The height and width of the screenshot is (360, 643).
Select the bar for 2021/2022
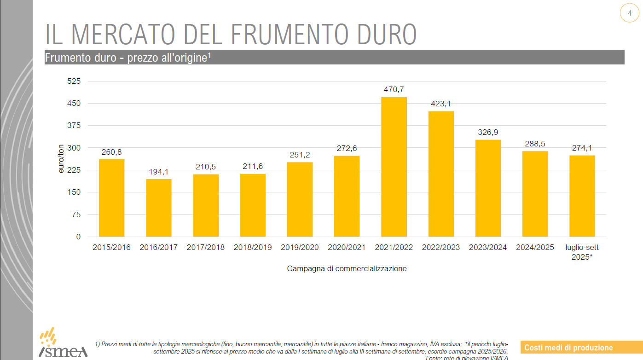(x=394, y=167)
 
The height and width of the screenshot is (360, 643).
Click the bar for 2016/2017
(x=159, y=208)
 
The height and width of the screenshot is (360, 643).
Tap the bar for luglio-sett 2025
(x=582, y=196)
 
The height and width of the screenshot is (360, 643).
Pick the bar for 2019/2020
(x=300, y=199)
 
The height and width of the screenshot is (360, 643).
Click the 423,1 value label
(x=441, y=104)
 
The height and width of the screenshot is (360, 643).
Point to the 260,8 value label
(x=112, y=152)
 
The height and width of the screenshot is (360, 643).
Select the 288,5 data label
(x=535, y=144)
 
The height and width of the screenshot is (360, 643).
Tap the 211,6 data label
(x=253, y=166)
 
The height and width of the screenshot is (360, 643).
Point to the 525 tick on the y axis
(x=75, y=81)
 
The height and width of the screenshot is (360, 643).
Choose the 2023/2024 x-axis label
(x=488, y=247)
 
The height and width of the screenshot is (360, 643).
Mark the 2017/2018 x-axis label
(x=206, y=247)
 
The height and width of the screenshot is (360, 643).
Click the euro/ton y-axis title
(x=61, y=159)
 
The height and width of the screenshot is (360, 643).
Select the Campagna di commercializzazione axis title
(x=347, y=268)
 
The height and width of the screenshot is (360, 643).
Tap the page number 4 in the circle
(x=629, y=13)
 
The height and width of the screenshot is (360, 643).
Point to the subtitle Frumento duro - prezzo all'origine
(x=127, y=58)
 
